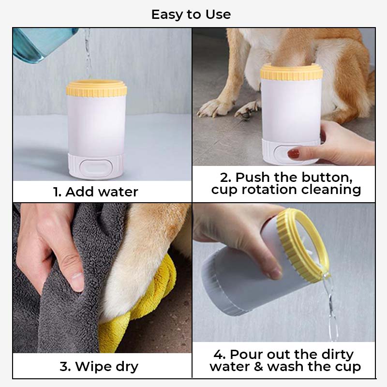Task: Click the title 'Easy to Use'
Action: (x=191, y=15)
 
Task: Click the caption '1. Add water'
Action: (x=96, y=192)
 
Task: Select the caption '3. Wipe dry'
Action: (x=99, y=366)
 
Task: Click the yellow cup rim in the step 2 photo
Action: (x=291, y=72)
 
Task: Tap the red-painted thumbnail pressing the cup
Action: (x=293, y=154)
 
